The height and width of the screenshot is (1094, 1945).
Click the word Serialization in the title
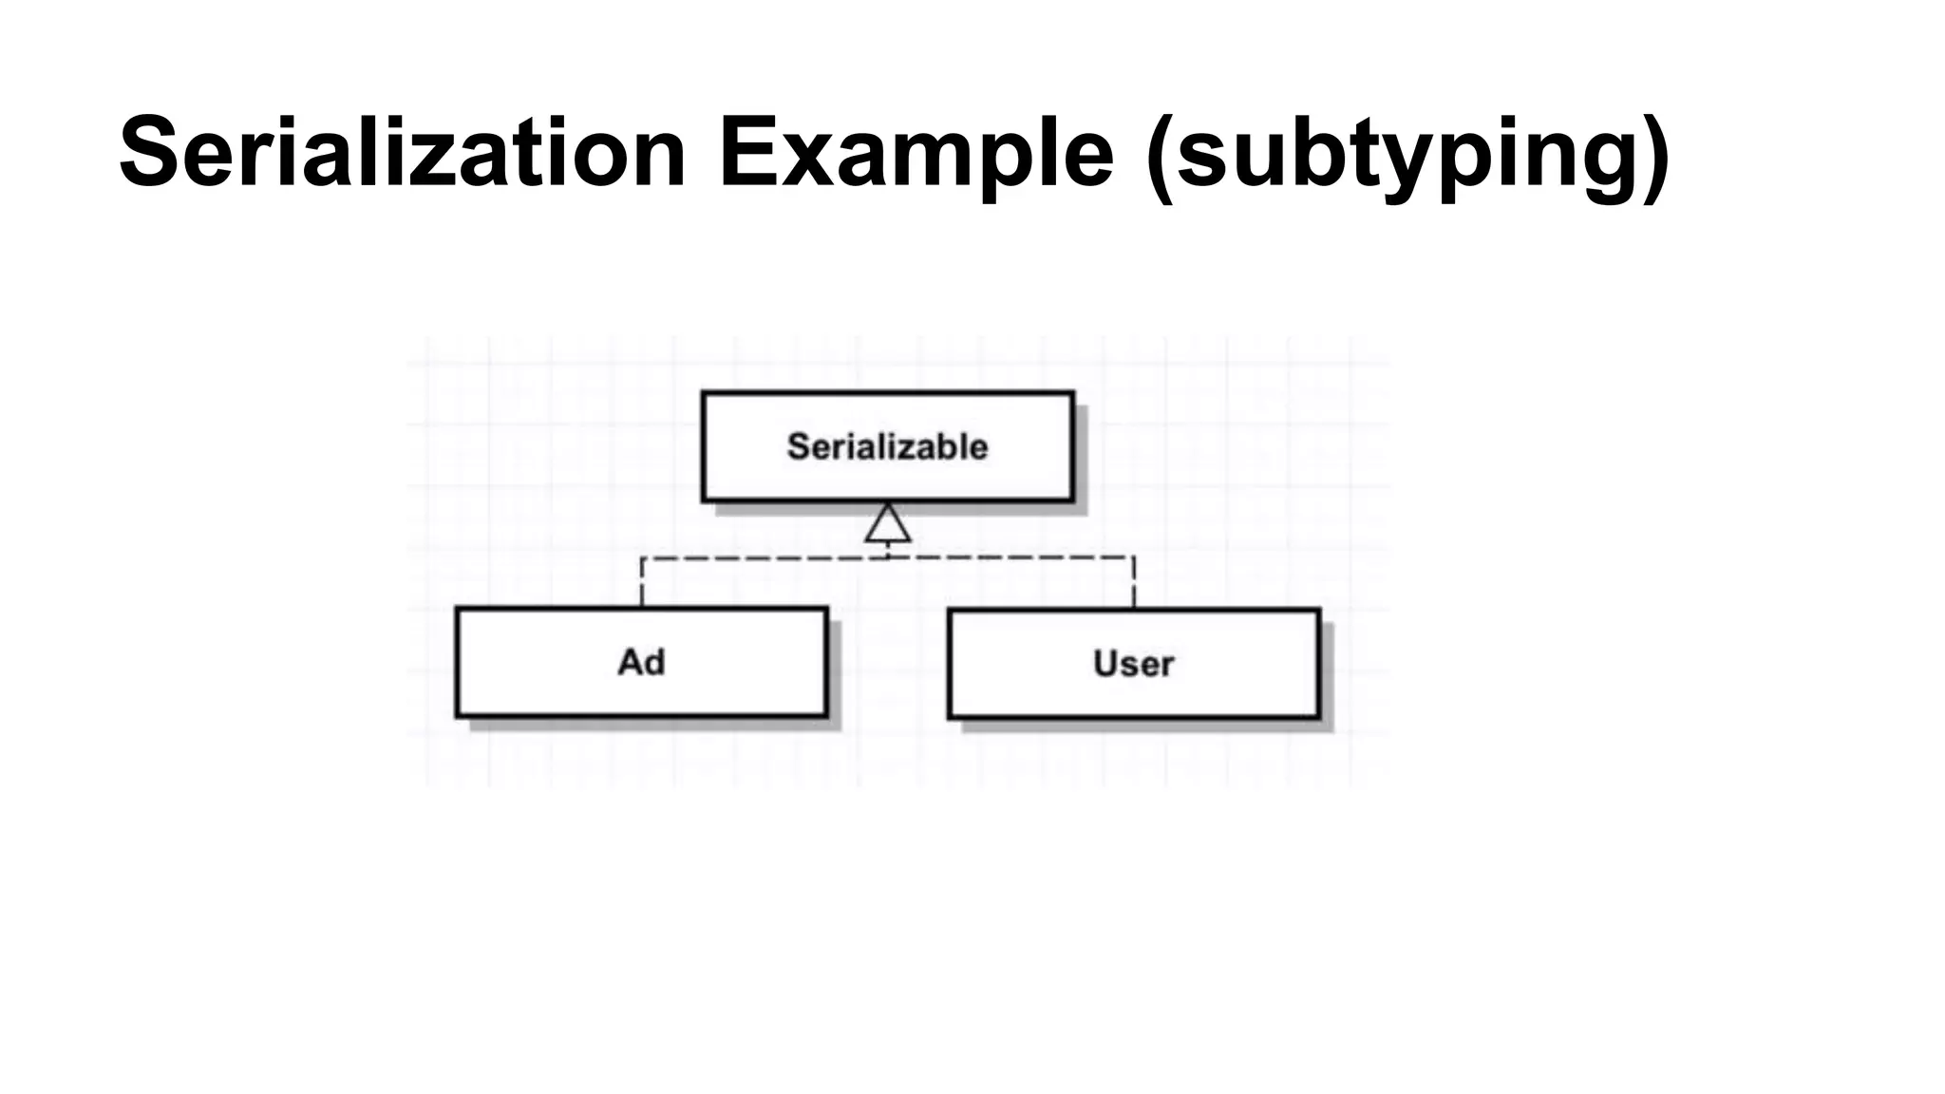click(x=403, y=152)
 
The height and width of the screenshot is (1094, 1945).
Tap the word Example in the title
click(x=916, y=152)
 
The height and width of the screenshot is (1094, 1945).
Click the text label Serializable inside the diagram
click(x=888, y=446)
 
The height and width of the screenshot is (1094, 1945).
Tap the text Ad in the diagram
click(x=641, y=662)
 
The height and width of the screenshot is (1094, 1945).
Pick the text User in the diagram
click(x=1134, y=664)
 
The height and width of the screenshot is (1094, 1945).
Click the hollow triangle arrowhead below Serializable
click(x=888, y=524)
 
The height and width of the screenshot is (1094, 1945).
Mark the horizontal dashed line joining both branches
click(x=760, y=558)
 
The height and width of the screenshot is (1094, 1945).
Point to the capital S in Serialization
click(x=152, y=152)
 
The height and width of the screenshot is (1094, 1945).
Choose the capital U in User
click(x=1106, y=663)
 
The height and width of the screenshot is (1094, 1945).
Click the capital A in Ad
click(x=631, y=662)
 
